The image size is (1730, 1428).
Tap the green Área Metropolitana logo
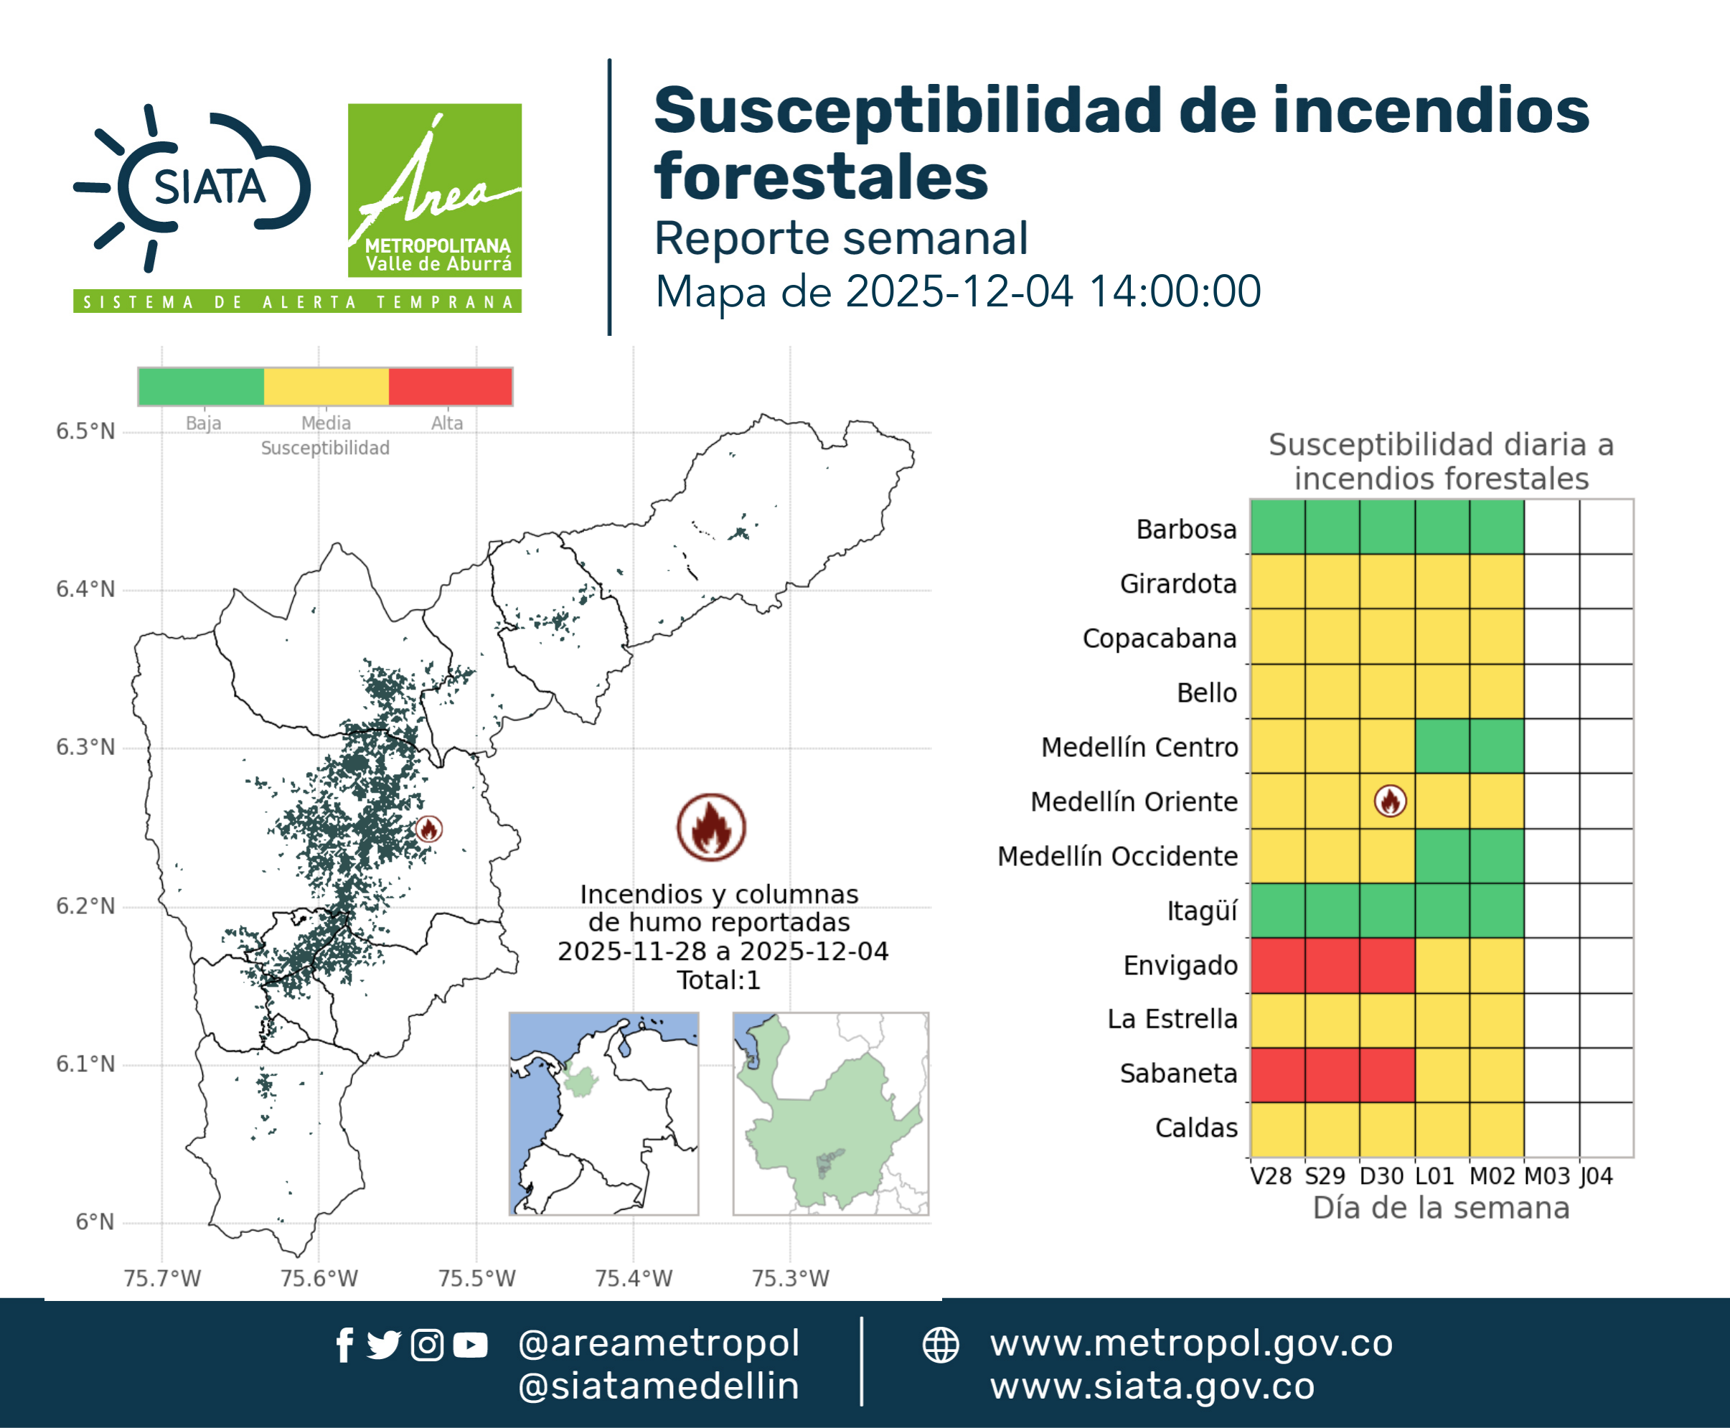434,190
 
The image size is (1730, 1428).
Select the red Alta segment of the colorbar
450,387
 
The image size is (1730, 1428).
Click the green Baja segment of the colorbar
202,387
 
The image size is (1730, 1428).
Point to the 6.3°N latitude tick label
85,747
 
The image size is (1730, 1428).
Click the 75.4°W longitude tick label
634,1278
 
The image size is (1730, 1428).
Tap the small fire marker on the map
428,828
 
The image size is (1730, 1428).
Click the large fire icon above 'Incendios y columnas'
712,827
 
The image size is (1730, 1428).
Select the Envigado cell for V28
1277,965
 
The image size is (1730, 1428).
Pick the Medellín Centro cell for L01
1442,746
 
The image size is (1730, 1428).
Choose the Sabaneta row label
1178,1074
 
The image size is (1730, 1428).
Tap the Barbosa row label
1186,529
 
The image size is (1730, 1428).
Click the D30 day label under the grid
1381,1176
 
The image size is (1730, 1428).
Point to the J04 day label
1596,1176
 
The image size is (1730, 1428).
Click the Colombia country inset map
603,1114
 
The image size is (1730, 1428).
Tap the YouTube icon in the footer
470,1345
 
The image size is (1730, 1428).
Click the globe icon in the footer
940,1345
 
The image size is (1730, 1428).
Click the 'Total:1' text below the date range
719,980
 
